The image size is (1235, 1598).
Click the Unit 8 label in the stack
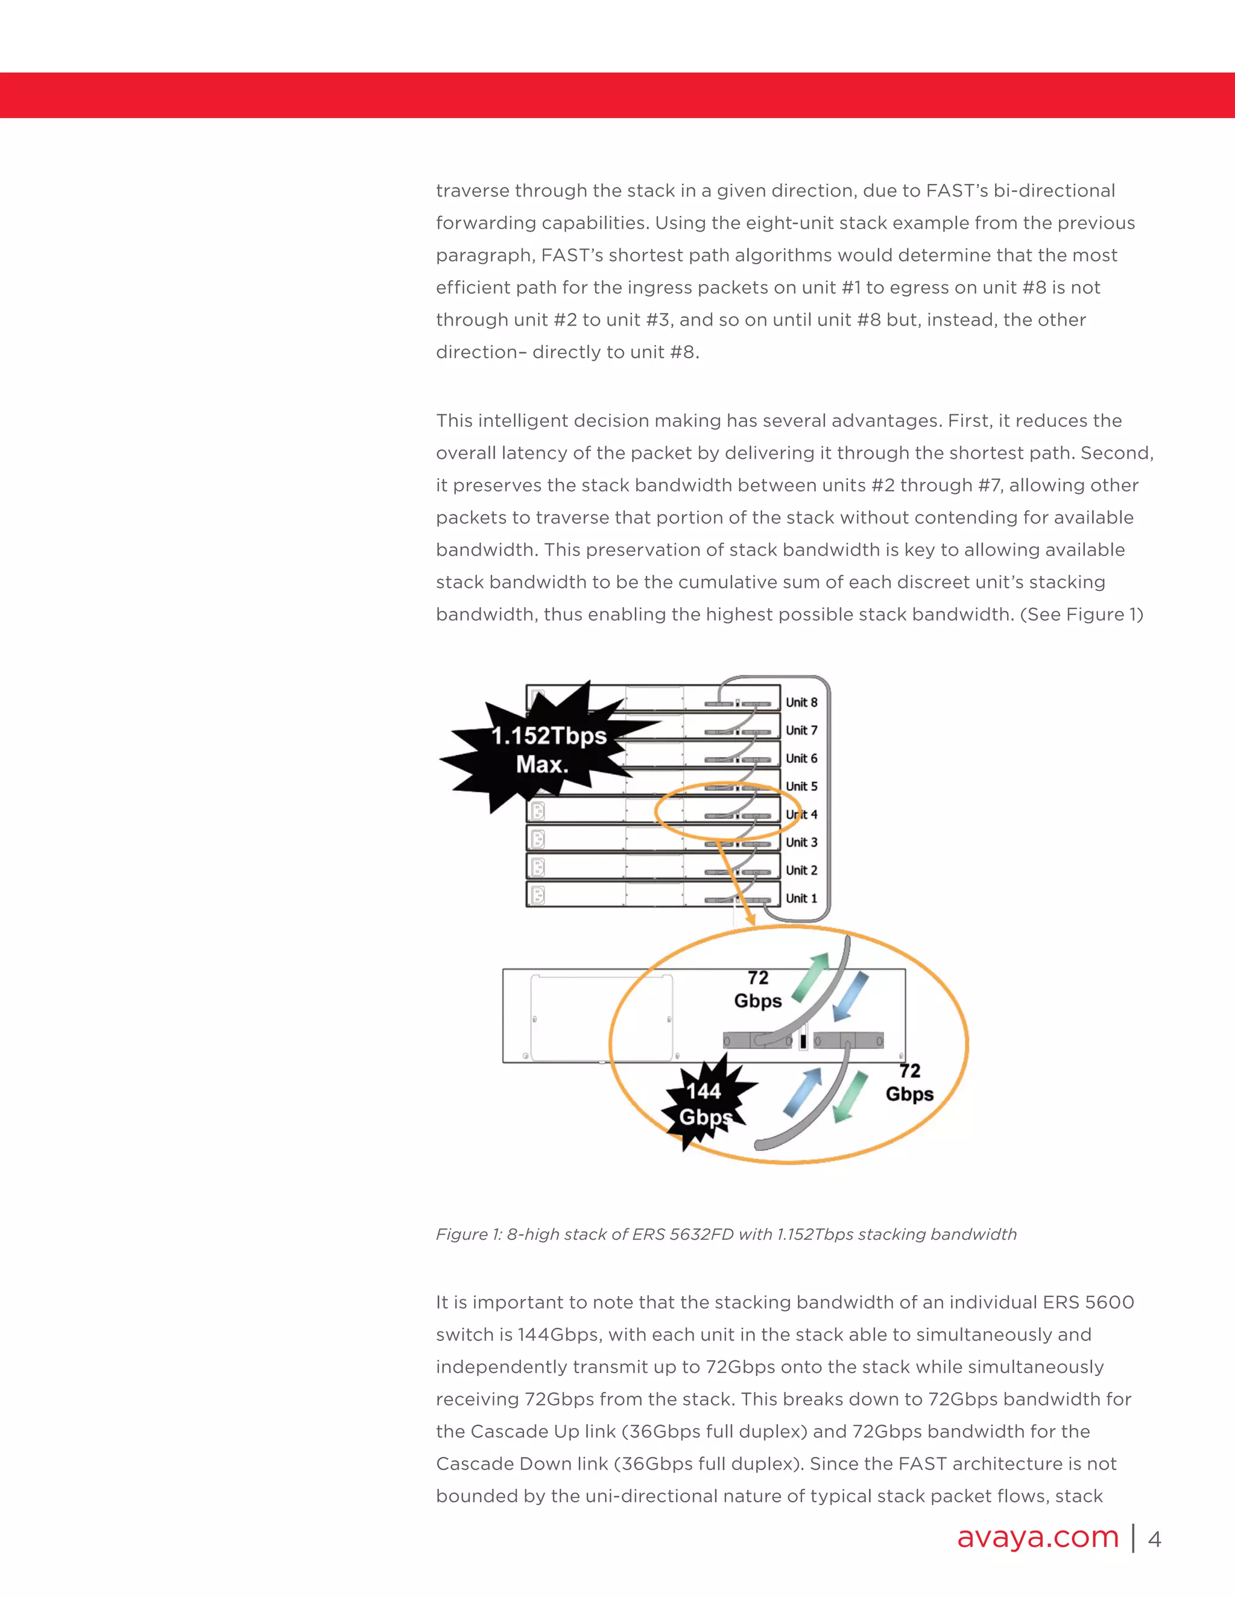point(801,703)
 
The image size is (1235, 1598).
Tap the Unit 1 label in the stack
point(801,898)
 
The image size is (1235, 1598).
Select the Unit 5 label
point(801,786)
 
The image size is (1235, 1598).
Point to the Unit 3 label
point(801,842)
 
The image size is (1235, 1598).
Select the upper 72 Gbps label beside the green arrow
point(758,989)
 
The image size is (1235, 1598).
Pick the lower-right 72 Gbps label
point(909,1082)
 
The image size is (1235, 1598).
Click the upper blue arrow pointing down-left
point(851,996)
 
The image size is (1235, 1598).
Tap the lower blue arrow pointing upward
point(803,1093)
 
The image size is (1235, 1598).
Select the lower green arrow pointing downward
point(851,1097)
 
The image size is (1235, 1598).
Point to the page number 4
point(1155,1539)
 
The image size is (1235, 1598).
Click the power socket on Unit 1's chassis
point(538,895)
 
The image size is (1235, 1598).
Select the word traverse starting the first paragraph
point(473,191)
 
